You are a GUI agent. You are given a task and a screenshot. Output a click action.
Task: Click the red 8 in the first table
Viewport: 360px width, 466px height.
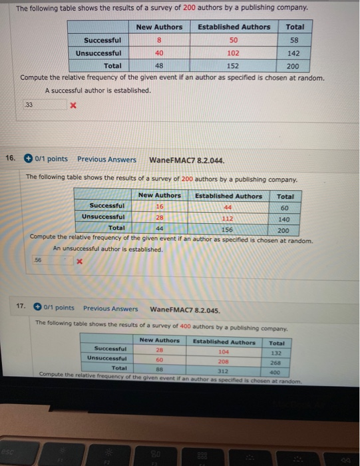tap(159, 40)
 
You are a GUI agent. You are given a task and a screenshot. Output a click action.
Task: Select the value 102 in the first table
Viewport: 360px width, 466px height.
tap(234, 53)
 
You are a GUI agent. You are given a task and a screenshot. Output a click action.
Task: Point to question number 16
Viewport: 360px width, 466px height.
tap(10, 158)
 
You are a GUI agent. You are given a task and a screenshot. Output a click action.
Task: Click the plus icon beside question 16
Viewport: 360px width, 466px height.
tap(29, 158)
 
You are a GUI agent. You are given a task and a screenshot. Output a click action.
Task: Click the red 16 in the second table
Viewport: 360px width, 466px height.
tap(159, 207)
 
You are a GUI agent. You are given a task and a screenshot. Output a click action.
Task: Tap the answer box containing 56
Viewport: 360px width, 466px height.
tap(53, 262)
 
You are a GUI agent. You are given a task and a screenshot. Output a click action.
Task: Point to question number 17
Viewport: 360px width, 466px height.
tap(21, 308)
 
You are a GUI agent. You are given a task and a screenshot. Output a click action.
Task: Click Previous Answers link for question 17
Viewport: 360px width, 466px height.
tap(110, 308)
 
